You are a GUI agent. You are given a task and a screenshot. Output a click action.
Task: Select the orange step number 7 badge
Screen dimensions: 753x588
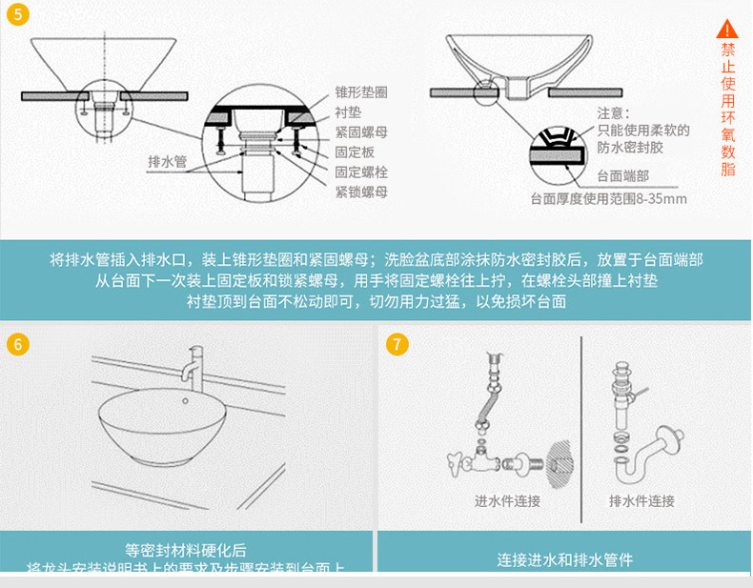tap(399, 345)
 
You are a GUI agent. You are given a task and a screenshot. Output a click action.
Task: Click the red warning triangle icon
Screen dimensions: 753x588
tap(728, 30)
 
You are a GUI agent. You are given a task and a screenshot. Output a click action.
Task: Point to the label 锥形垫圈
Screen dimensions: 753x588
tap(361, 93)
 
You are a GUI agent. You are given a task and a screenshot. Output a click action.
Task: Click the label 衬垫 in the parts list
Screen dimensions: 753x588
tap(348, 113)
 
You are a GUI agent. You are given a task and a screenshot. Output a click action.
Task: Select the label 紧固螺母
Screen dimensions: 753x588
tap(361, 133)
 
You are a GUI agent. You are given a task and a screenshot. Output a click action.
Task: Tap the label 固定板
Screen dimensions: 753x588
tap(355, 152)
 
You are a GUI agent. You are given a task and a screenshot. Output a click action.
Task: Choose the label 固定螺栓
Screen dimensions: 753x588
tap(361, 172)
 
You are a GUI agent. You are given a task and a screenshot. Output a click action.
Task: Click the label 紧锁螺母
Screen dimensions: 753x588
tap(361, 192)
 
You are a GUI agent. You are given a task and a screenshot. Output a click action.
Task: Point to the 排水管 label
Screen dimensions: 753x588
tap(167, 161)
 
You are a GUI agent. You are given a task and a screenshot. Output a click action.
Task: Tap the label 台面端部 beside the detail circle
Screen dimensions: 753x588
tap(623, 176)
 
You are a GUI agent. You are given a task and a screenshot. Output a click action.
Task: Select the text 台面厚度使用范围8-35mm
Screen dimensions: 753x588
tap(608, 199)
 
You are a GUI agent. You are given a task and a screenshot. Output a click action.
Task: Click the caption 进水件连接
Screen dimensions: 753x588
tap(507, 501)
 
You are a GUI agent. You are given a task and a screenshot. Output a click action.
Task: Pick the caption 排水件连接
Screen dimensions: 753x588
tap(641, 501)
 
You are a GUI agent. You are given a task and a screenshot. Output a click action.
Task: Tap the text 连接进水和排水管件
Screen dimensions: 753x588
tap(564, 559)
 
